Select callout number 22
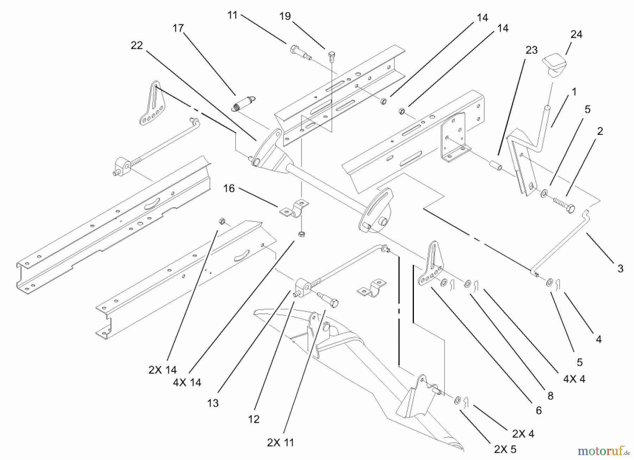(137, 45)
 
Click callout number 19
(285, 16)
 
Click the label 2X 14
(162, 369)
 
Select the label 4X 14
(187, 382)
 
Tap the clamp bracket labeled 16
(294, 209)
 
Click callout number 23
(532, 50)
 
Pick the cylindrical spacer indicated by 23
(494, 165)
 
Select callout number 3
(620, 268)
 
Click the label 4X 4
(574, 379)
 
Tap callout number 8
(550, 396)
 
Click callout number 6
(539, 410)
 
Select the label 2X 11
(280, 442)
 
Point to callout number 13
(213, 403)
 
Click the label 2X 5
(505, 449)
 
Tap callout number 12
(254, 419)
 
